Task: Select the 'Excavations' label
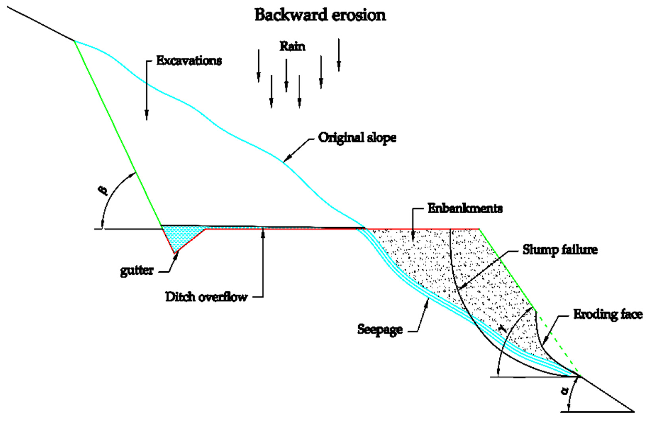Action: click(x=189, y=61)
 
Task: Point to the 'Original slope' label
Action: click(x=357, y=138)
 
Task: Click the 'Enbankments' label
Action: click(x=465, y=209)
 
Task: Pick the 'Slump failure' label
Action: click(x=560, y=250)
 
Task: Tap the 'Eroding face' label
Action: click(x=608, y=314)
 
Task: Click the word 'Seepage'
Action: click(x=380, y=329)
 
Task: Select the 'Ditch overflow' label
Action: click(x=207, y=297)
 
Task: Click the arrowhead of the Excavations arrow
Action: click(x=147, y=116)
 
